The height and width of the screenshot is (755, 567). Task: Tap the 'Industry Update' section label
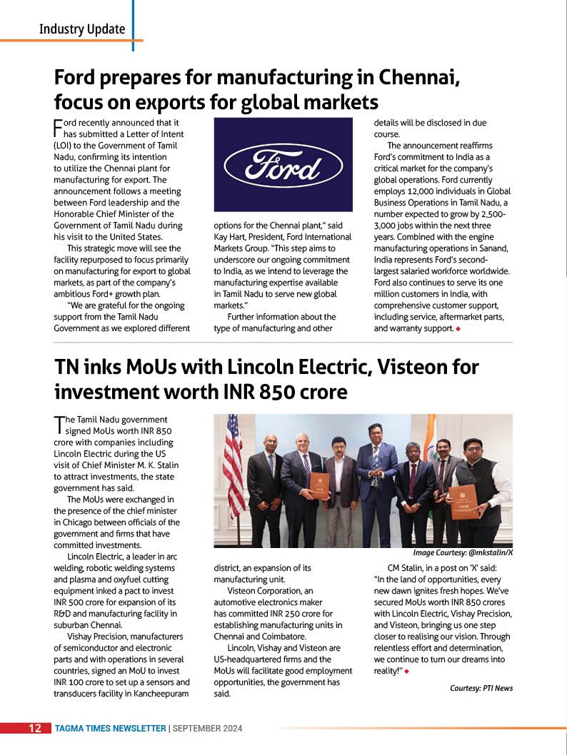[81, 29]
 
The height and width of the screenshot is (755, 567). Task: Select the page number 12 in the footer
[34, 729]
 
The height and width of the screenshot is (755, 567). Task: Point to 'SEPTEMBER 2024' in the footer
[208, 729]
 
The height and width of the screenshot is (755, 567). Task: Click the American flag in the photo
[233, 464]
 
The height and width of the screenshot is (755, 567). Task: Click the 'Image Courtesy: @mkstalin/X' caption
[463, 553]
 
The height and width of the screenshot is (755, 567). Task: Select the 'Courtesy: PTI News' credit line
[481, 688]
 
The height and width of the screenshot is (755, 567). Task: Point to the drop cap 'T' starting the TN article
[59, 425]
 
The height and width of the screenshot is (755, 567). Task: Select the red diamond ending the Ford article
[458, 329]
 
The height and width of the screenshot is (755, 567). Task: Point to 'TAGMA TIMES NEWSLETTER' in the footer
[110, 729]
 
